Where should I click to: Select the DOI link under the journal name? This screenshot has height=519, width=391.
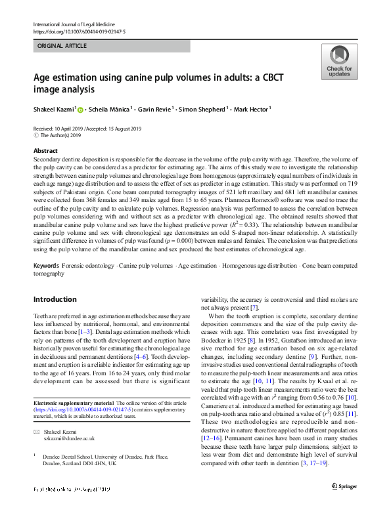tap(75, 31)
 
